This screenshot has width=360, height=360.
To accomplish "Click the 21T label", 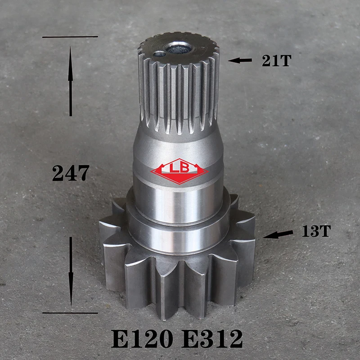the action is point(277,61).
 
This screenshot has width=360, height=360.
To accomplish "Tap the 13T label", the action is point(316,231).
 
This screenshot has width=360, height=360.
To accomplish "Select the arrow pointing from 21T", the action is point(240,61).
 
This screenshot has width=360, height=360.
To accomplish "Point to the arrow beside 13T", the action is point(278,234).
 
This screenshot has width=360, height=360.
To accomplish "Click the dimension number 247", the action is point(71,173).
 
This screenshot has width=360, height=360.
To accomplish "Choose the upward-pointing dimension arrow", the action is point(71,81).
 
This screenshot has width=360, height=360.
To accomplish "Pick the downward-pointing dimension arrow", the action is point(71,272).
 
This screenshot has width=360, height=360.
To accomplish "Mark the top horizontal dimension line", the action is point(70,36).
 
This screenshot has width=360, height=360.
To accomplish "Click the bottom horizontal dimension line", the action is point(70,313).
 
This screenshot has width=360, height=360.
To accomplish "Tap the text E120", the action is point(142,339).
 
